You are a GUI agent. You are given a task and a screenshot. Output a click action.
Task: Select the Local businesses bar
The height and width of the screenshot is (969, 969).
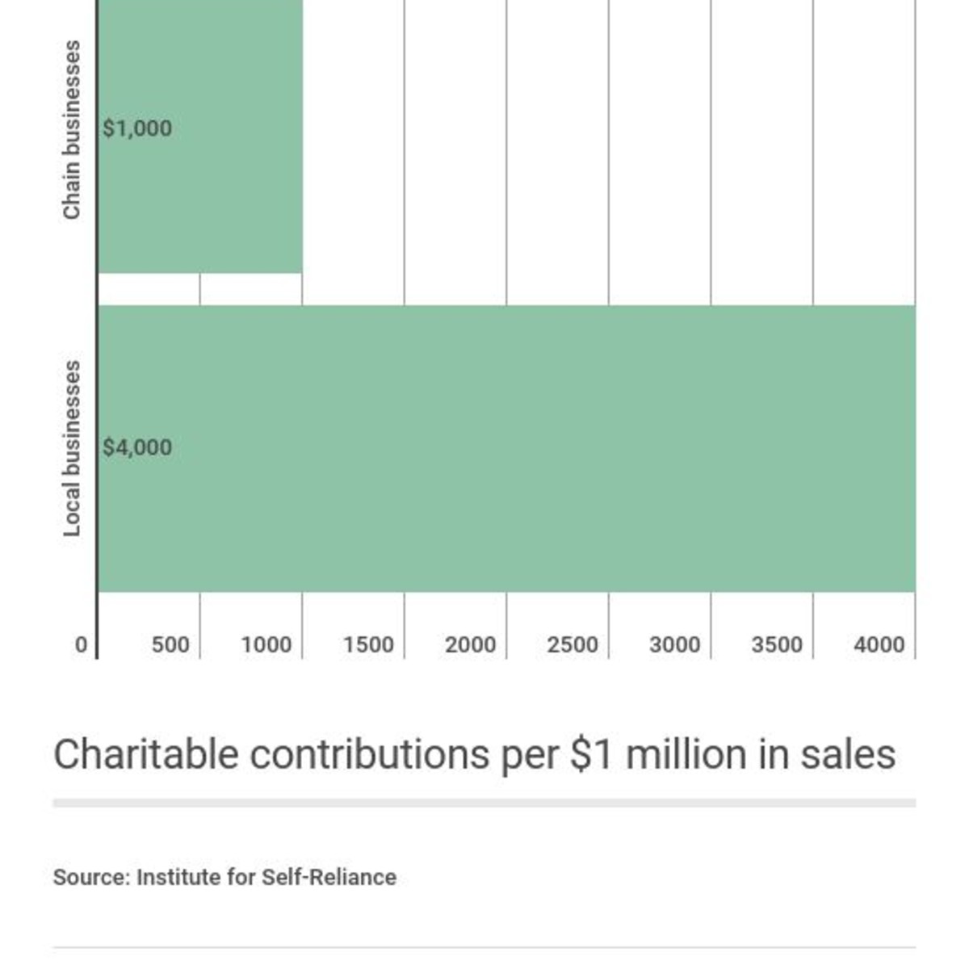506,448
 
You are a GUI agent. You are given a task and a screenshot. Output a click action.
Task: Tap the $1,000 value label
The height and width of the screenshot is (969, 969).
137,128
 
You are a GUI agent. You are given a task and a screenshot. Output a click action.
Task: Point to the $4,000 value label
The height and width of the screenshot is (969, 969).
137,447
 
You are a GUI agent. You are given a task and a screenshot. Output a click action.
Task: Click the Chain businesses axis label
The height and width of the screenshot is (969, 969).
72,129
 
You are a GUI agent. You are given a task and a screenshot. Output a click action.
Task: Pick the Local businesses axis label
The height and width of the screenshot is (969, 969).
72,448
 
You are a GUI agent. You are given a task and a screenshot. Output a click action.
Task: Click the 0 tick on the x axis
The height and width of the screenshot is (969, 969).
81,645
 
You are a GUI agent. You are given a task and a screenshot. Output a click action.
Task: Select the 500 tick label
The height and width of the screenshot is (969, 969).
170,645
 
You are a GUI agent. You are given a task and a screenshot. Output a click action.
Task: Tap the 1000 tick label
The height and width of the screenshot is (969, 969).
266,645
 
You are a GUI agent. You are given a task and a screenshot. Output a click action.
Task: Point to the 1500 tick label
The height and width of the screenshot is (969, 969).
368,645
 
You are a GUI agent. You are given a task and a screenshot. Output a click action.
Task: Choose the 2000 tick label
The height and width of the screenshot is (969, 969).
471,645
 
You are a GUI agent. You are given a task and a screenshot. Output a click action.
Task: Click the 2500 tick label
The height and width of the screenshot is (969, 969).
573,645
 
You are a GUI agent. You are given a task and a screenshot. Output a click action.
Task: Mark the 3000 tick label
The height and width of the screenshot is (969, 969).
675,645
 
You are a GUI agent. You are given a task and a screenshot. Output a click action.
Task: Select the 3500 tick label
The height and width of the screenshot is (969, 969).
777,645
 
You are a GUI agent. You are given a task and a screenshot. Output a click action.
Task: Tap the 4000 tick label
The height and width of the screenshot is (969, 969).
879,645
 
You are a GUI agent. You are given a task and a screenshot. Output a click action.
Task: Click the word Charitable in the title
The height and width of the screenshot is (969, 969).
145,755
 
